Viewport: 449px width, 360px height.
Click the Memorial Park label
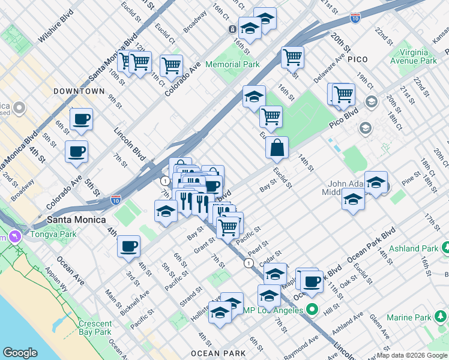pyautogui.click(x=232, y=64)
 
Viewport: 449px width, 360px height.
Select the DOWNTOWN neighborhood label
pyautogui.click(x=79, y=91)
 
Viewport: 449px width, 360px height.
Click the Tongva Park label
pyautogui.click(x=51, y=234)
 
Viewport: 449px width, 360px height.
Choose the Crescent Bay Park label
pyautogui.click(x=95, y=328)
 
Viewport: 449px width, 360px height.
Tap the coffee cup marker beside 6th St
pyautogui.click(x=81, y=119)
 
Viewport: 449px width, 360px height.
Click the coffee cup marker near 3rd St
pyautogui.click(x=128, y=246)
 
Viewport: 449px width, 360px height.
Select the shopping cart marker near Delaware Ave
pyautogui.click(x=292, y=58)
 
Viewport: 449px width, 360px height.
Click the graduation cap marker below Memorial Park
pyautogui.click(x=254, y=96)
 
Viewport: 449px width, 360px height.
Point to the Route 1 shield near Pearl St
pyautogui.click(x=249, y=263)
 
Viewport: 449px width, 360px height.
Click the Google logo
pyautogui.click(x=20, y=353)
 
